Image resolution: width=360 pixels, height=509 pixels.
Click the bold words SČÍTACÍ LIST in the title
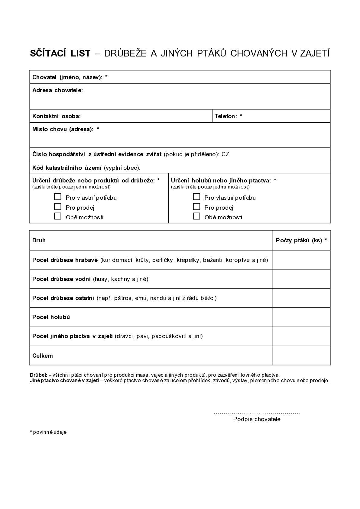click(x=60, y=53)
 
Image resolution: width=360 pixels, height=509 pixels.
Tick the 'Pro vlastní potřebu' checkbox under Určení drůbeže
click(x=58, y=197)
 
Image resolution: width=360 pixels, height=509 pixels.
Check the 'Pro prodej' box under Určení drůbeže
click(x=58, y=207)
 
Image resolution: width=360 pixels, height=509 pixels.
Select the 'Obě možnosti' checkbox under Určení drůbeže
click(x=58, y=216)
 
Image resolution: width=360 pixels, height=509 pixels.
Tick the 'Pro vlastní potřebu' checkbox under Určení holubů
click(x=196, y=197)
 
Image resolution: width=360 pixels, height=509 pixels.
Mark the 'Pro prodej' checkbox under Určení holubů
click(x=196, y=207)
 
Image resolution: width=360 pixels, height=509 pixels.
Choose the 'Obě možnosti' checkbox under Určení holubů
click(x=196, y=216)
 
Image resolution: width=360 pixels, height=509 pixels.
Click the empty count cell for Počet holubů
click(x=301, y=317)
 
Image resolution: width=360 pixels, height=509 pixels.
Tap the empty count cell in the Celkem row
click(x=301, y=356)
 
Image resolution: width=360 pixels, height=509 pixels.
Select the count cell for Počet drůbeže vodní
click(x=301, y=279)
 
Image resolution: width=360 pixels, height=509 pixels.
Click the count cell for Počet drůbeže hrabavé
click(x=301, y=260)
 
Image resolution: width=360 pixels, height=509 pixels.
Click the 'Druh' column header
click(x=39, y=240)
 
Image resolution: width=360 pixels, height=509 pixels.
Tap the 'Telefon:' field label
click(x=226, y=116)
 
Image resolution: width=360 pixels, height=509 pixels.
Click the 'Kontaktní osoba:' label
click(x=57, y=116)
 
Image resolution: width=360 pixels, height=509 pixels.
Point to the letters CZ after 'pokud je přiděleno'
click(x=225, y=154)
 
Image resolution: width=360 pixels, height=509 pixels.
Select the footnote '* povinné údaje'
click(x=48, y=432)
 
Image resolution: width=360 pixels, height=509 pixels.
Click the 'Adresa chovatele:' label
click(x=57, y=90)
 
